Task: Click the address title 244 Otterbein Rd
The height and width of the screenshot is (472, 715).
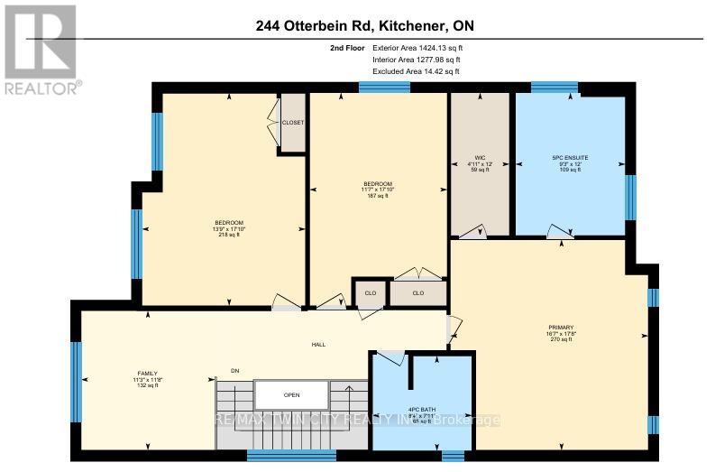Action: click(357, 28)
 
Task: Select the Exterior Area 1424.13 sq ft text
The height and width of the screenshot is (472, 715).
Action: click(417, 48)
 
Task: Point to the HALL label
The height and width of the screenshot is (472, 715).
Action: click(319, 344)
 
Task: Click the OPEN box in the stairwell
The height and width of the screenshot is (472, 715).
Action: click(290, 394)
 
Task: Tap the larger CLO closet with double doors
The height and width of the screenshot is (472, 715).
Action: click(417, 292)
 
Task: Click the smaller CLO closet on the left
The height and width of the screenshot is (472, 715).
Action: click(369, 292)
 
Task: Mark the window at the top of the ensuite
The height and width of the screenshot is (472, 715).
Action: click(555, 88)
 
